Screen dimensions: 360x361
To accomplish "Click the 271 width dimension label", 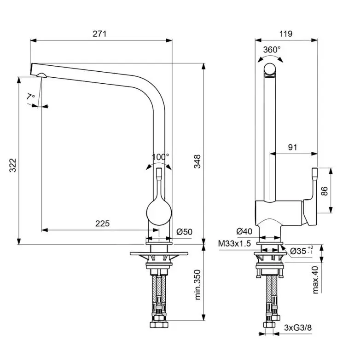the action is click(x=99, y=34).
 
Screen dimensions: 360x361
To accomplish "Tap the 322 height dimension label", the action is click(x=13, y=165).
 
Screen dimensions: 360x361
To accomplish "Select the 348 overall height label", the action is click(x=197, y=161).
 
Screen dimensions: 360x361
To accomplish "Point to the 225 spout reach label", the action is click(x=103, y=223).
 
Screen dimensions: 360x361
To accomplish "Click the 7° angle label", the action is click(x=31, y=97).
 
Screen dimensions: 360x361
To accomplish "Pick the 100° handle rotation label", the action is click(x=160, y=157).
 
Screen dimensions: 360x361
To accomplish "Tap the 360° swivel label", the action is click(x=272, y=50).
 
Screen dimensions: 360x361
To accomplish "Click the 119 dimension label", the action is click(x=286, y=34).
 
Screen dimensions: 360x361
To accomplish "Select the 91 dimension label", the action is click(x=292, y=147).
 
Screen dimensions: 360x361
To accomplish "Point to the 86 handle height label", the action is click(x=324, y=191).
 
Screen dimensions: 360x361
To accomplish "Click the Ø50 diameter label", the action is click(x=185, y=232).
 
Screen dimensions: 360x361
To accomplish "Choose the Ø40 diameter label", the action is click(x=244, y=231).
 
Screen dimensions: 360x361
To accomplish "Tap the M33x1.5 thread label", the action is click(x=234, y=244).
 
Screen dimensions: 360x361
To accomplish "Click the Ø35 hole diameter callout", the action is click(x=302, y=251).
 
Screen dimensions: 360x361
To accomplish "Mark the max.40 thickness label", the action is click(x=315, y=280).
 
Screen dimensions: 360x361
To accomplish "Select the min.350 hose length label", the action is click(x=197, y=285).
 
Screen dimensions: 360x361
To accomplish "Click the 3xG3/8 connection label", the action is click(x=298, y=327).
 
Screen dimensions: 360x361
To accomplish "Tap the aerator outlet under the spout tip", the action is click(x=42, y=75).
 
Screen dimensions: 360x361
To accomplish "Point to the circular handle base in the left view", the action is click(x=159, y=212).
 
